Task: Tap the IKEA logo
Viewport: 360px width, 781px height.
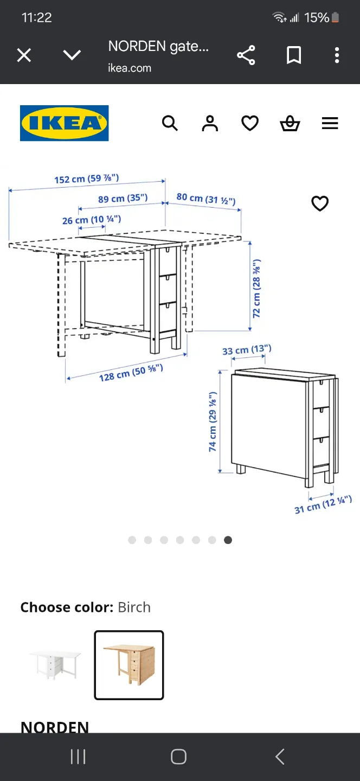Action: [x=64, y=123]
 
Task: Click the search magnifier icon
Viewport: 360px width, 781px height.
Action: [x=170, y=124]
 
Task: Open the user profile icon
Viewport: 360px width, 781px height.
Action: [x=210, y=124]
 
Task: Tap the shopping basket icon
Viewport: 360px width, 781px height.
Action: [x=290, y=124]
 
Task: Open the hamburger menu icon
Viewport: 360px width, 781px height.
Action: [x=330, y=124]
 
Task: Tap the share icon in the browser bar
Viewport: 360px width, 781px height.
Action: [x=246, y=55]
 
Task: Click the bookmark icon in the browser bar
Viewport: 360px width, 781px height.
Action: [x=294, y=55]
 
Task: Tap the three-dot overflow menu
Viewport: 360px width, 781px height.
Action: [x=337, y=55]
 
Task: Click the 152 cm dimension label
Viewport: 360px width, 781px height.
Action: [x=86, y=178]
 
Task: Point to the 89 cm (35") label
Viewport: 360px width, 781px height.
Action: [x=123, y=199]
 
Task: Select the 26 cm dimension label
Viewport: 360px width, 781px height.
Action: [x=91, y=220]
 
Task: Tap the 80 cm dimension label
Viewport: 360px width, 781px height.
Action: [x=206, y=199]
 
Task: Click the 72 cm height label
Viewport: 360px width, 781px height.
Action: [x=256, y=288]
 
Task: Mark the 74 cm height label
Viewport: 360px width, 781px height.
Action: [x=213, y=422]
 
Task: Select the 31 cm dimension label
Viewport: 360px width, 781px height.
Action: [x=323, y=504]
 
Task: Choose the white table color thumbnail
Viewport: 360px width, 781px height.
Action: [x=55, y=664]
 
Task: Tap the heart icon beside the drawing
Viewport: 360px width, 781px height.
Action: [x=320, y=203]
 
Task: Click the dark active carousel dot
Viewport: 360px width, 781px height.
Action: [x=228, y=540]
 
